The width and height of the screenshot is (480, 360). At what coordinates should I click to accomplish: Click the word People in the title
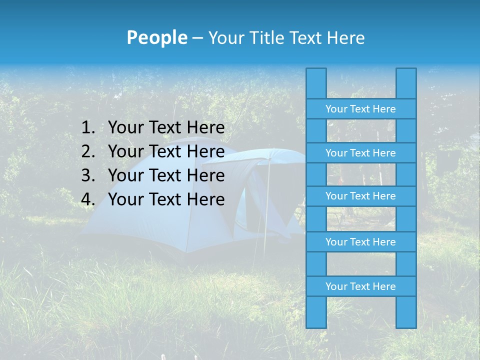point(156,37)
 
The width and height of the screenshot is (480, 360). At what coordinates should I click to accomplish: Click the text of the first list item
point(166,128)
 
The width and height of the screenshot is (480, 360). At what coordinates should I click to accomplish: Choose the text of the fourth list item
point(166,199)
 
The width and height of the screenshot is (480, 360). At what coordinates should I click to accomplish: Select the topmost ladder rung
point(360,109)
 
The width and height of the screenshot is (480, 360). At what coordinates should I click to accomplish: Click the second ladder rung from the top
point(360,153)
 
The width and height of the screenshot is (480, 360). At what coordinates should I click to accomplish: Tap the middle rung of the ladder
point(360,196)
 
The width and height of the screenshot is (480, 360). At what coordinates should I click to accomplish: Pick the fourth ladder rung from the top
point(360,242)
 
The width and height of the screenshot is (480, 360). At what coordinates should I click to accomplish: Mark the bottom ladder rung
point(360,286)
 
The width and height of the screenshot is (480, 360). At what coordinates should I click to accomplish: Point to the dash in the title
point(197,38)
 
